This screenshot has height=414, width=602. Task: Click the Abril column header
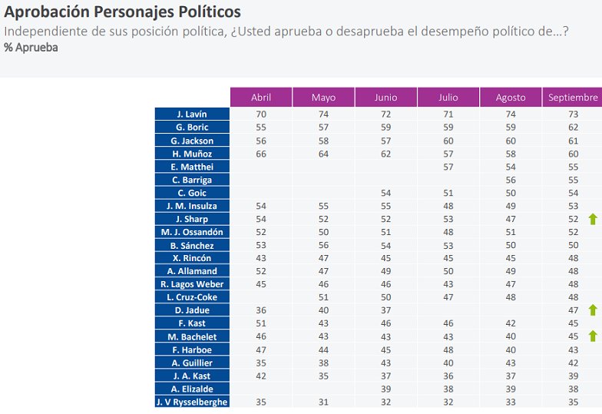(x=261, y=98)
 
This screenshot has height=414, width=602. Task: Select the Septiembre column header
(x=572, y=98)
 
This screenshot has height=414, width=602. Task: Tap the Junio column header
(x=385, y=98)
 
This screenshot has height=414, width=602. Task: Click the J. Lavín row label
(x=192, y=114)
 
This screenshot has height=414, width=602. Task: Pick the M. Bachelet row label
(x=192, y=336)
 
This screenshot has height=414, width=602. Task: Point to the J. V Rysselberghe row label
(x=192, y=402)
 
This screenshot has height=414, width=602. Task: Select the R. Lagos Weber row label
(x=192, y=284)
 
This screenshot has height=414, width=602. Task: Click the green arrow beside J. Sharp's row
(x=593, y=219)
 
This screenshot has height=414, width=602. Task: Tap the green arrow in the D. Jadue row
(x=593, y=310)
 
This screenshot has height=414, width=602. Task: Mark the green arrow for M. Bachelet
(x=593, y=336)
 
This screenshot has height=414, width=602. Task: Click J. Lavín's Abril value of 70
(x=261, y=114)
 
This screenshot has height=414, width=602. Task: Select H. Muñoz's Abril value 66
(x=261, y=154)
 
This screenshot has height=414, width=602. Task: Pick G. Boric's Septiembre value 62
(x=573, y=128)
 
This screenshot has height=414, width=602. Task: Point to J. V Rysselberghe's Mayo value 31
(x=323, y=402)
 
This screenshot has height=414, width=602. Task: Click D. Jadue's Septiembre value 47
(x=573, y=310)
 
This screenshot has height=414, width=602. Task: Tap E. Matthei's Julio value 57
(x=448, y=167)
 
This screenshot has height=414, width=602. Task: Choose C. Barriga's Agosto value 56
(x=511, y=180)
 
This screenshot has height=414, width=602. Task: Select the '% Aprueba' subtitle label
(x=31, y=48)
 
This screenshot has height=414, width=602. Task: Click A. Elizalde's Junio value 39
(x=385, y=389)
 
